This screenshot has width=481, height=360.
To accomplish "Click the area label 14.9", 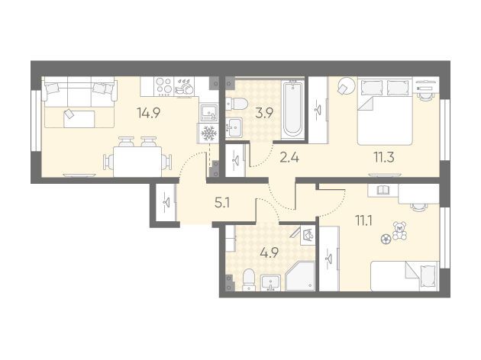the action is [149, 114].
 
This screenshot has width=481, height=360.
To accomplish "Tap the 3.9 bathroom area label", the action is [264, 114].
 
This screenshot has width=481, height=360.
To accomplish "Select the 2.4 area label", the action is [289, 158].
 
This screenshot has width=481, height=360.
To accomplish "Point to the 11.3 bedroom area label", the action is [384, 157].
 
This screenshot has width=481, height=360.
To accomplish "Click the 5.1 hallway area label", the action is [222, 203].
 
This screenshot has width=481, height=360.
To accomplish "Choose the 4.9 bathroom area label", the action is [269, 253].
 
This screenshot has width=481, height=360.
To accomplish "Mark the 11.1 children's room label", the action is [364, 220].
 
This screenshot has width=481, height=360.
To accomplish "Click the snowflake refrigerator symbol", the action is [208, 133].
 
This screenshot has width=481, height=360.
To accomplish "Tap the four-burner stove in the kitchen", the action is [163, 86].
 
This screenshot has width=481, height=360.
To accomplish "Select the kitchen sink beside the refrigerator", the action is [209, 113].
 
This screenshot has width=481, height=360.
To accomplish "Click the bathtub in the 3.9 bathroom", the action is [293, 108].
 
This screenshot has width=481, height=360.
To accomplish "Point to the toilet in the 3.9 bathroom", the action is [237, 103].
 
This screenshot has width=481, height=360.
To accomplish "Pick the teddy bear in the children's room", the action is [400, 230].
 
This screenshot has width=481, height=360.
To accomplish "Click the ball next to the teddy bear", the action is [386, 239].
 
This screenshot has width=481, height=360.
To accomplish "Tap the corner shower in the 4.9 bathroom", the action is [300, 276].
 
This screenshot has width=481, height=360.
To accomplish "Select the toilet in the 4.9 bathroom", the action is [248, 279].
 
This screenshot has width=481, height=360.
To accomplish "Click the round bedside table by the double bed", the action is [347, 85].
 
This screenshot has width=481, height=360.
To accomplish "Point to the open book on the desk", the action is [383, 191].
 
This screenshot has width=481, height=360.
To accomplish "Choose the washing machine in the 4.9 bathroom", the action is [308, 236].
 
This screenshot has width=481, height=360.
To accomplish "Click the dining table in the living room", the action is [137, 162].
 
